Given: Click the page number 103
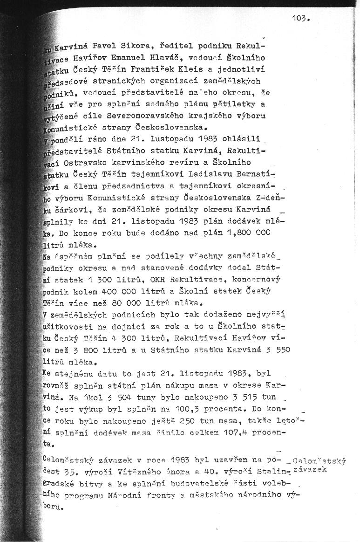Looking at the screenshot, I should pyautogui.click(x=301, y=19).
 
